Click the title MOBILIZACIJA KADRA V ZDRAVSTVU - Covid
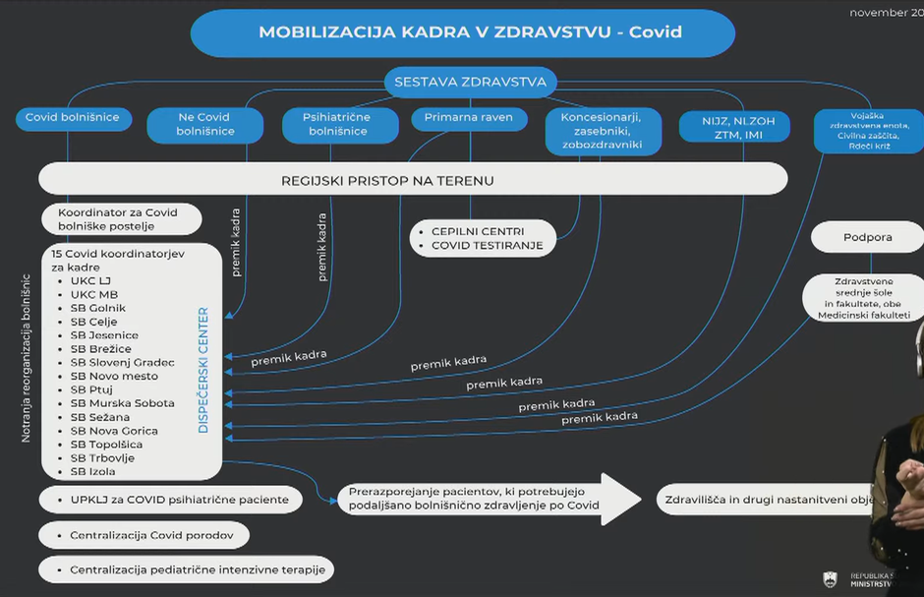tap(462, 32)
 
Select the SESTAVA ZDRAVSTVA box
tap(470, 82)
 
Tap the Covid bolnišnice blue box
tap(72, 118)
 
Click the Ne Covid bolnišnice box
tap(204, 125)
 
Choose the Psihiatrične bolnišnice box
tap(338, 125)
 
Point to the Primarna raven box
tap(469, 118)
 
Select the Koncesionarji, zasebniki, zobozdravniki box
tap(603, 131)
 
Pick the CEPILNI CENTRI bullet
tap(477, 231)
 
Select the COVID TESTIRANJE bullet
tap(487, 246)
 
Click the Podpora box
tap(868, 238)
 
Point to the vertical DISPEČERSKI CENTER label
tap(204, 370)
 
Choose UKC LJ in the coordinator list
tap(90, 281)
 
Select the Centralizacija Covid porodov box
tap(144, 536)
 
